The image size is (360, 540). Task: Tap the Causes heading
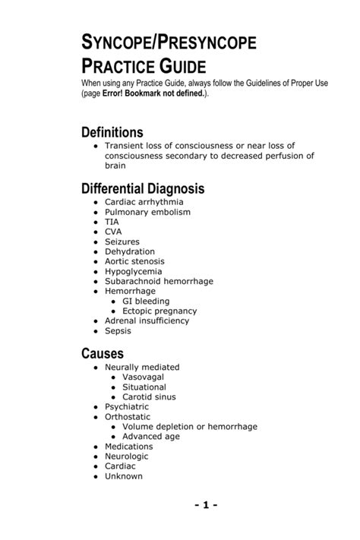tap(103, 353)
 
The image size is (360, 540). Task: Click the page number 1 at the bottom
tap(206, 504)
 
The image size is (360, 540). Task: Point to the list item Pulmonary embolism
tap(144, 213)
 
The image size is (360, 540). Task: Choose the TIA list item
tap(112, 223)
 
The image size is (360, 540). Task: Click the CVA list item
tap(113, 232)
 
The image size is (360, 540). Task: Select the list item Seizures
tap(122, 242)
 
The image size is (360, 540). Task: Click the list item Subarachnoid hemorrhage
tap(159, 281)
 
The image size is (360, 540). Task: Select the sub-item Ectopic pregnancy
tap(159, 311)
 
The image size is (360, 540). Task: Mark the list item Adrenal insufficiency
tap(147, 321)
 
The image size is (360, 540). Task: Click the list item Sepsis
tap(118, 330)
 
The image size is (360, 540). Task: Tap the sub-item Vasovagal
tap(143, 377)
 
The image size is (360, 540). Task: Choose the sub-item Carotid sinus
tap(149, 396)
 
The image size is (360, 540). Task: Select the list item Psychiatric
tap(128, 406)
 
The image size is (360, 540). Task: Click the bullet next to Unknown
tap(95, 477)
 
